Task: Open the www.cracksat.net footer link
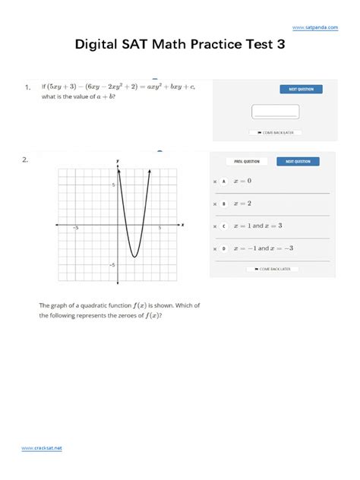(42, 448)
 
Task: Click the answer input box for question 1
(275, 112)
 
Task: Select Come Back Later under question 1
(275, 133)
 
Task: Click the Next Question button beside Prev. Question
(297, 161)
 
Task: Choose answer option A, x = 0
(243, 182)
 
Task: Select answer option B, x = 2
(243, 204)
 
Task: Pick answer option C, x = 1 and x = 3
(257, 226)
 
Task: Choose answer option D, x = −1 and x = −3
(263, 248)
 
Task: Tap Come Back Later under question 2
(272, 269)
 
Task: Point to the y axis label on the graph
(118, 161)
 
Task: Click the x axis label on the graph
(182, 224)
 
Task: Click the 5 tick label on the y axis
(113, 185)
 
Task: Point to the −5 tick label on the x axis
(75, 228)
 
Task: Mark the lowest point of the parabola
(134, 257)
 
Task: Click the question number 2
(25, 159)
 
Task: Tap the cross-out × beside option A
(215, 182)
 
